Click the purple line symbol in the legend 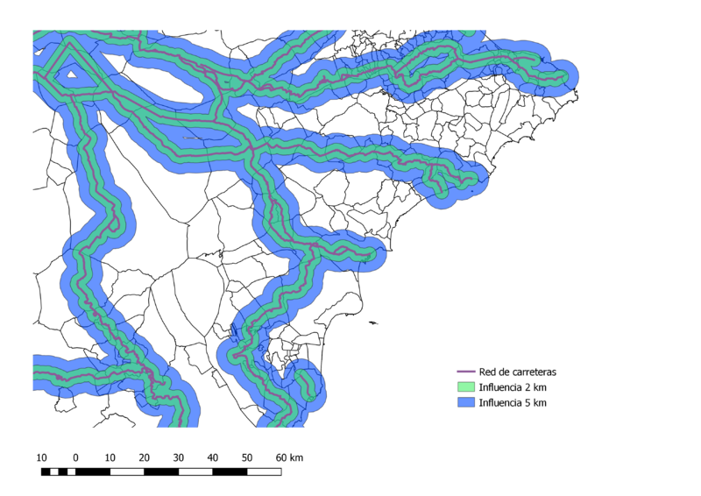click(x=466, y=372)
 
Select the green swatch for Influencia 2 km click(x=466, y=387)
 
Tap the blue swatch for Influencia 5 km click(x=466, y=403)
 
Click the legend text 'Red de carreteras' click(x=517, y=372)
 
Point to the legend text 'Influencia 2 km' click(x=513, y=387)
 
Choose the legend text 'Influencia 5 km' click(x=513, y=403)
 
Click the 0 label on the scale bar click(x=75, y=457)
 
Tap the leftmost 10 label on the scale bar click(x=41, y=457)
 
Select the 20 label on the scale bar click(x=144, y=457)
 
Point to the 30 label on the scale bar click(x=178, y=457)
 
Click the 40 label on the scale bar click(x=212, y=457)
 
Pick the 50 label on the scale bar click(x=247, y=457)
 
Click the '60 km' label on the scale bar click(x=288, y=457)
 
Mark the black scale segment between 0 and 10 click(x=93, y=472)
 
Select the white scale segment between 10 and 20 click(x=127, y=472)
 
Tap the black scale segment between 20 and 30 click(x=161, y=472)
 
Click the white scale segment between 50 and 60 click(x=265, y=472)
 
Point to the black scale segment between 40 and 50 click(x=230, y=472)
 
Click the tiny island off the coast click(x=373, y=322)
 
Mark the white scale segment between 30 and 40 click(x=195, y=472)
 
